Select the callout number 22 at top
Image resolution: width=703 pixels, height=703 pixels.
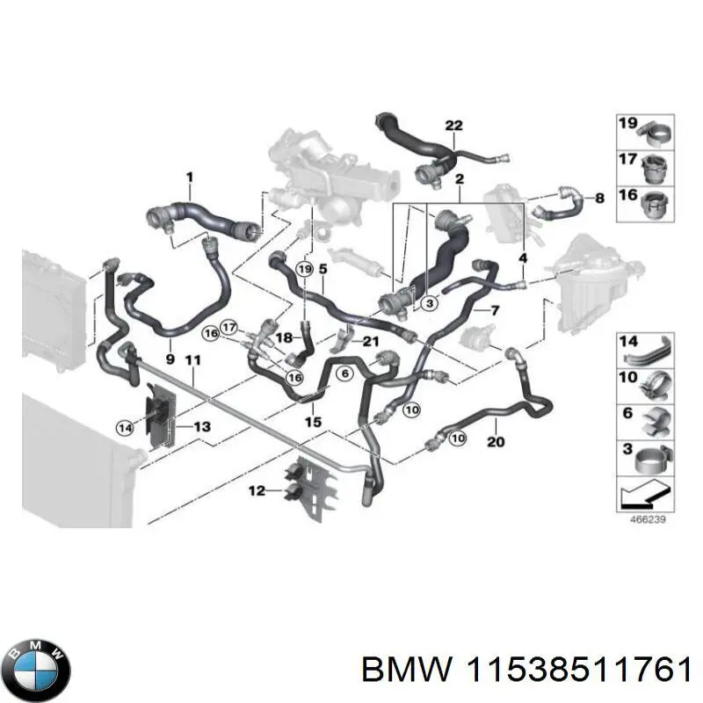click(x=453, y=126)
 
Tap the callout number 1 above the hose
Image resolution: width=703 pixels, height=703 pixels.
click(x=188, y=178)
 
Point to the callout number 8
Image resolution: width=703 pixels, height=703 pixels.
click(x=599, y=199)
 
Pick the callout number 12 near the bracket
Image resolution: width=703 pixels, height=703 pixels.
click(x=256, y=491)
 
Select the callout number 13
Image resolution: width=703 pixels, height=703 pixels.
click(x=202, y=426)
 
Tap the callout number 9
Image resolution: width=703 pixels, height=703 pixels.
click(x=170, y=359)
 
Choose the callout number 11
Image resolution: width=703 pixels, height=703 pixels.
click(x=193, y=359)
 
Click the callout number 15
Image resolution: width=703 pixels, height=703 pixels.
click(x=313, y=422)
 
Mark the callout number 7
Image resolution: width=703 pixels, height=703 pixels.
click(x=495, y=310)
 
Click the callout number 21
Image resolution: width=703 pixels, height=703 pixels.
click(x=371, y=342)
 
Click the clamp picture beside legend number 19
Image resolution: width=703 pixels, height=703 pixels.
click(x=656, y=133)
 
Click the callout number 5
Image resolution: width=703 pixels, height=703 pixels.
click(x=323, y=267)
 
